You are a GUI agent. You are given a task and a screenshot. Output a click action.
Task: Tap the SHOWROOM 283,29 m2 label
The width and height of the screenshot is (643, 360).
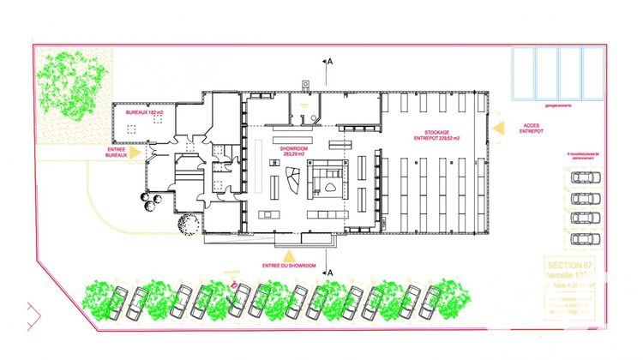[x=294, y=151]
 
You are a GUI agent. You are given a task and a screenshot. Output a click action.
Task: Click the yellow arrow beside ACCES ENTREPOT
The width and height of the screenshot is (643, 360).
[x=497, y=129]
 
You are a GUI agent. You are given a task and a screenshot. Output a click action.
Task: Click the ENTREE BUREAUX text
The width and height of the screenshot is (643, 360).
[x=117, y=153]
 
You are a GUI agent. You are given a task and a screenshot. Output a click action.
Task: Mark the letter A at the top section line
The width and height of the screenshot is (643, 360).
[x=328, y=63]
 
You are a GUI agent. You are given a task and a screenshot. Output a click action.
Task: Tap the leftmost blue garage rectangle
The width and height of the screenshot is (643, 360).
[x=524, y=72]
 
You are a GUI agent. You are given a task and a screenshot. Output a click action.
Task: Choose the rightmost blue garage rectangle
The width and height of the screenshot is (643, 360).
[x=592, y=72]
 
